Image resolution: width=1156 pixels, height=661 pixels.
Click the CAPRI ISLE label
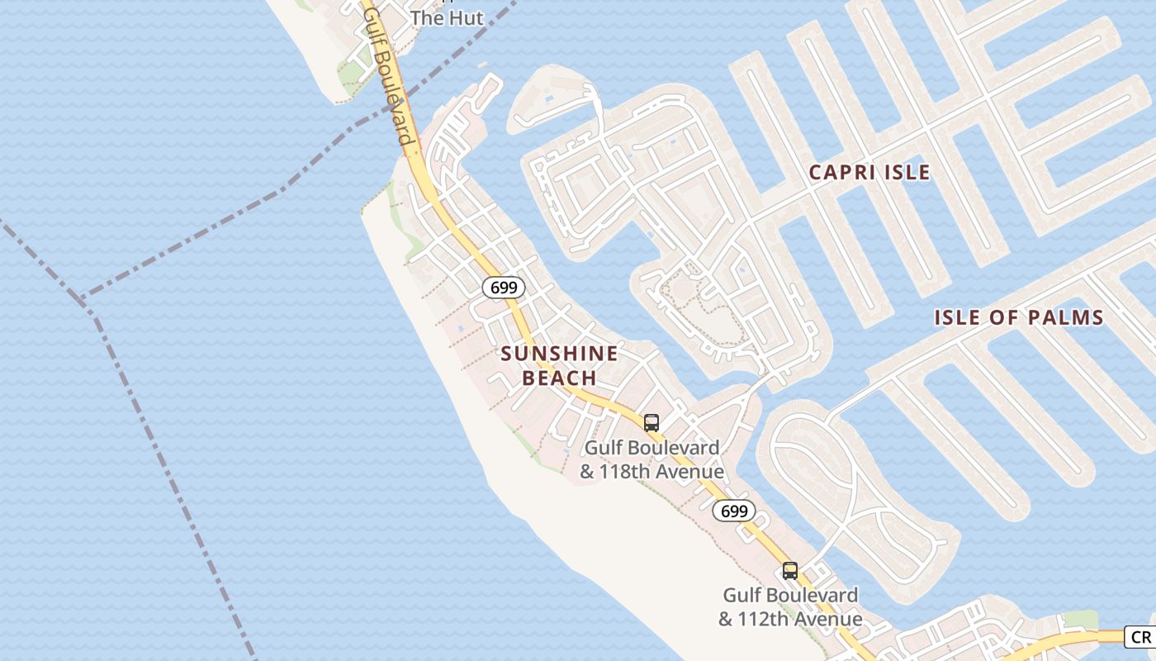point(869,172)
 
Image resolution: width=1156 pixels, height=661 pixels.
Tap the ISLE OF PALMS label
point(1019,317)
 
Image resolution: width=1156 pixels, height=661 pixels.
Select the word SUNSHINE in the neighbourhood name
point(559,354)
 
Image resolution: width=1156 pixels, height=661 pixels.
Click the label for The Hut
point(447,17)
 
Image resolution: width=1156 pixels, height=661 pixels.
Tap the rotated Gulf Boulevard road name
point(387,74)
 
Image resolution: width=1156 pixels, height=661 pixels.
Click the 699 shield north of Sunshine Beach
point(504,288)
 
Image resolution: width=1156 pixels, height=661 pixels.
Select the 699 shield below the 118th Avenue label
point(734,511)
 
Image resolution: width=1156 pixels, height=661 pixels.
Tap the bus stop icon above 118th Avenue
point(651,423)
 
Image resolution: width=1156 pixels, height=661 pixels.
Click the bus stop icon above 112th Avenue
point(790,570)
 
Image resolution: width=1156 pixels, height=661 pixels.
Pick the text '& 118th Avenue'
point(651,472)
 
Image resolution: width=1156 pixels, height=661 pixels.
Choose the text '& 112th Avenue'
point(790,619)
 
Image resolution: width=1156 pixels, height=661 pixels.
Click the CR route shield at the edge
point(1140,637)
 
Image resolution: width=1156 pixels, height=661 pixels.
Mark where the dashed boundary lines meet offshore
point(83,298)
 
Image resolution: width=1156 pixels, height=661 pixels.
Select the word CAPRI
point(841,172)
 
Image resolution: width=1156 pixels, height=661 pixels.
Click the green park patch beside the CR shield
point(1079,619)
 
